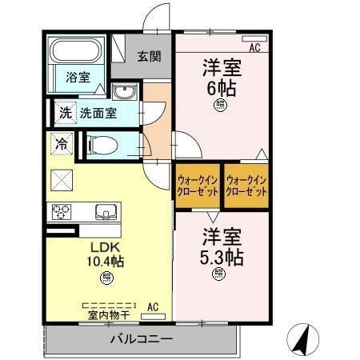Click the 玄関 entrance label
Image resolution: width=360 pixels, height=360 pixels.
tap(148, 56)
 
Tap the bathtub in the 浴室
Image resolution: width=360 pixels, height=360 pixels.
tap(74, 53)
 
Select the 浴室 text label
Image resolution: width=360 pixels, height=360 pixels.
tap(78, 78)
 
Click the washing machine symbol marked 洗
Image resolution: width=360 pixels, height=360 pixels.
tap(65, 113)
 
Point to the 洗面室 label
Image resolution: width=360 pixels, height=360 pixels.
tap(98, 113)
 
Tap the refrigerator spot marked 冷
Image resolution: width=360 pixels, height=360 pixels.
tap(61, 144)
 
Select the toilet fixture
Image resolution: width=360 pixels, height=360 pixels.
tap(102, 145)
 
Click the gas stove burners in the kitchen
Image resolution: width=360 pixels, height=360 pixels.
tap(62, 212)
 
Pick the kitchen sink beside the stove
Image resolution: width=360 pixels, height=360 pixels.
tap(104, 212)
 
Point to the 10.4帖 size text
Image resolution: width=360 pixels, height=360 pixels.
tap(106, 262)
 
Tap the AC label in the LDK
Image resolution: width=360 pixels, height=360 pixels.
tap(153, 306)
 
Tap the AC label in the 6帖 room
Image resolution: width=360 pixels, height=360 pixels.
tap(254, 48)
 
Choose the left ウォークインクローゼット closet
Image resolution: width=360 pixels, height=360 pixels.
tap(196, 186)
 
